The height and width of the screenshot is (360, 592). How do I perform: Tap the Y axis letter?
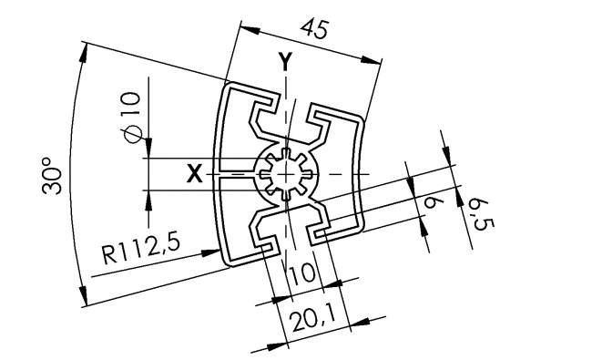[x=286, y=62]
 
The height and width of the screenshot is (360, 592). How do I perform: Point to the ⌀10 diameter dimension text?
[x=129, y=117]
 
